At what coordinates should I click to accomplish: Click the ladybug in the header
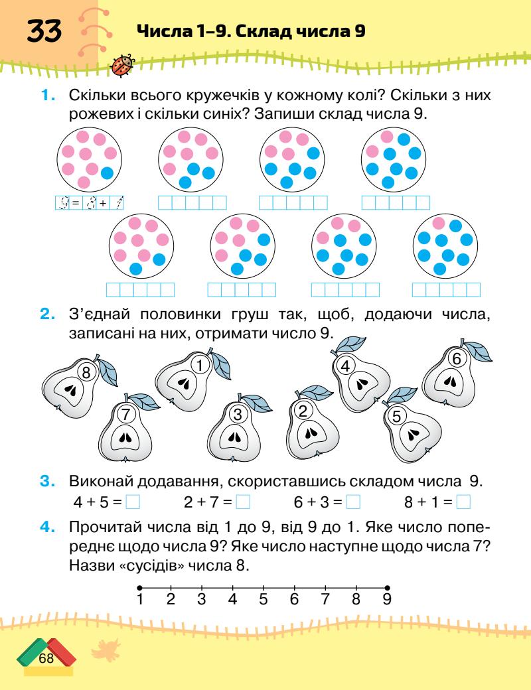tap(124, 64)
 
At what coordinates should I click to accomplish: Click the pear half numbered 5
tap(412, 431)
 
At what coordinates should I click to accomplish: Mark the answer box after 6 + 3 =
tap(353, 502)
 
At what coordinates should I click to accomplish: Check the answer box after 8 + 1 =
tap(463, 502)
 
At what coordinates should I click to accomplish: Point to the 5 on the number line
tap(263, 600)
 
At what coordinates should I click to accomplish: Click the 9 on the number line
tap(387, 600)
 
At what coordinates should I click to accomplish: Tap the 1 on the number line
tap(140, 600)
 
